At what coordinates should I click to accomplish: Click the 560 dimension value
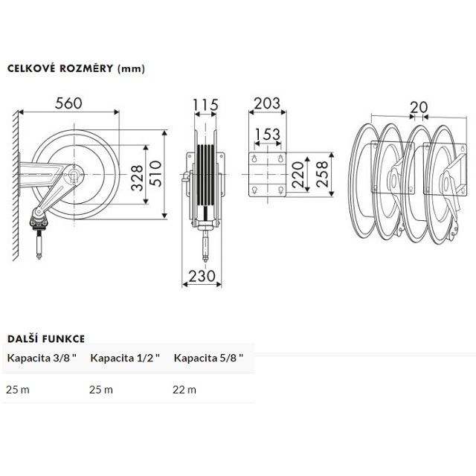click(x=68, y=103)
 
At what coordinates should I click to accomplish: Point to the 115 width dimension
click(x=205, y=105)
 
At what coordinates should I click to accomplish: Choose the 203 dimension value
click(x=266, y=103)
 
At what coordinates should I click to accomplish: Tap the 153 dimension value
click(x=266, y=135)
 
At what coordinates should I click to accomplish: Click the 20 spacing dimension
click(x=419, y=107)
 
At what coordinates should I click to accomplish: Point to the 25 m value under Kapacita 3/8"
click(x=19, y=389)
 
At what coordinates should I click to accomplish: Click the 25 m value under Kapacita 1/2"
click(x=102, y=389)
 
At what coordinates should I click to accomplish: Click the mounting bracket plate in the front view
click(x=267, y=176)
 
